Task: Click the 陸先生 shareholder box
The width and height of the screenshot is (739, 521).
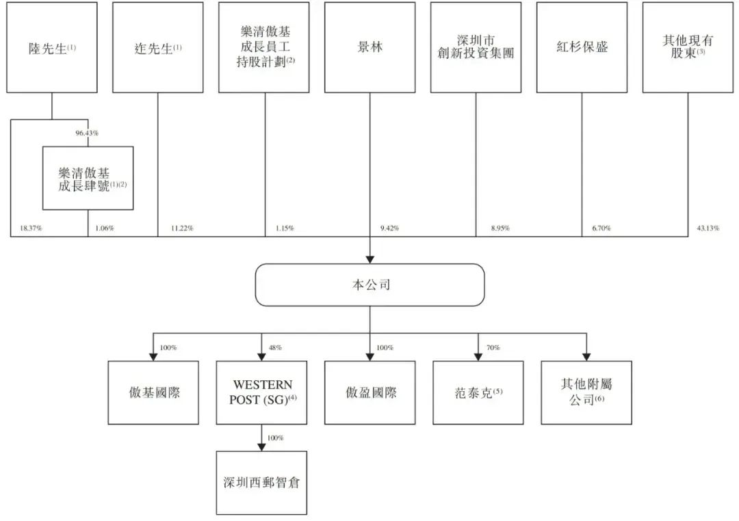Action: click(51, 48)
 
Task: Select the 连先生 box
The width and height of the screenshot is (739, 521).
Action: click(157, 48)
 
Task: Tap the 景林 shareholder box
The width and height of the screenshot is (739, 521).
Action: click(369, 48)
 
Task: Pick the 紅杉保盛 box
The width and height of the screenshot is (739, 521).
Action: click(582, 48)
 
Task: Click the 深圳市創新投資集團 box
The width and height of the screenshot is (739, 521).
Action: click(476, 48)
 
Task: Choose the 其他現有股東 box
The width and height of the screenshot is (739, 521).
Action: click(688, 48)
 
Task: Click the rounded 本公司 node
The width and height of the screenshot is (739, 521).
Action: click(369, 285)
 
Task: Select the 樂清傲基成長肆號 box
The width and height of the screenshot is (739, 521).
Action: click(88, 178)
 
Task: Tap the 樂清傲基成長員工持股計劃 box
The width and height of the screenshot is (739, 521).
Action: click(263, 48)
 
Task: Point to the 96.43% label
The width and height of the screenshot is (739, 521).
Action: click(87, 133)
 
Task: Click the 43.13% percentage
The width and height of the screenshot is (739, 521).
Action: click(708, 228)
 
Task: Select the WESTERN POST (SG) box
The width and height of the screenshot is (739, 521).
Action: click(261, 392)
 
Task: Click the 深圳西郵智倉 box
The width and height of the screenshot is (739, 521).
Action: click(261, 482)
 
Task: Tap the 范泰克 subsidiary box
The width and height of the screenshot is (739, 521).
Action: click(478, 392)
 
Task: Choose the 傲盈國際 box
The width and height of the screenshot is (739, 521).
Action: click(369, 392)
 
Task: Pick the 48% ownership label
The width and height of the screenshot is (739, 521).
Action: click(275, 348)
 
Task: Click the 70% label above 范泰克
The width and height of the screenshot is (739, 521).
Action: click(493, 348)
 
